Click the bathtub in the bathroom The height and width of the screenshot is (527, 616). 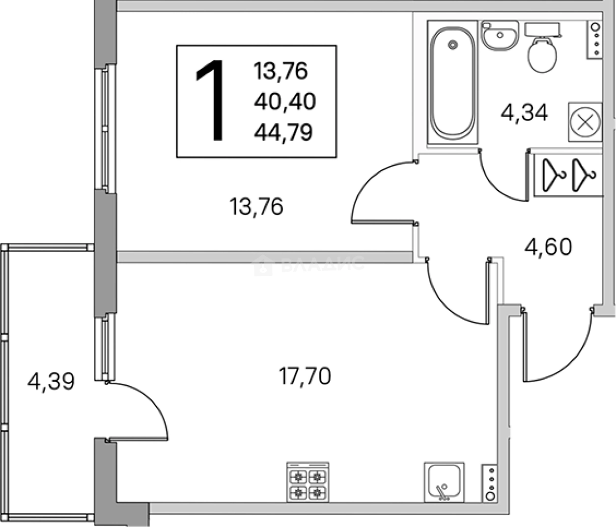(x=452, y=82)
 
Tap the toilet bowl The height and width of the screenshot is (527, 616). (x=542, y=55)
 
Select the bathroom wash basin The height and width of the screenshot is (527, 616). (x=500, y=35)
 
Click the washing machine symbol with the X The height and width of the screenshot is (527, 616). (x=585, y=122)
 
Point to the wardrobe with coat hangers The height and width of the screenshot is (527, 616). (x=568, y=175)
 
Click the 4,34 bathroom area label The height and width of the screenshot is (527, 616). (x=524, y=113)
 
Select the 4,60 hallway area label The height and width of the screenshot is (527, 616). (x=548, y=247)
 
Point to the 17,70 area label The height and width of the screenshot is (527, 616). (x=305, y=376)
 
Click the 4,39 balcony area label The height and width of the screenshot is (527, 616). (x=51, y=382)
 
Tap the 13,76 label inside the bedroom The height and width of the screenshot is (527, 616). (x=256, y=206)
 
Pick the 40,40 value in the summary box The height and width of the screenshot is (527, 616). (x=285, y=101)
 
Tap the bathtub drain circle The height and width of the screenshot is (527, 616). (x=453, y=45)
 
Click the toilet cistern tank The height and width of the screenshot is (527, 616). (x=542, y=30)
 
